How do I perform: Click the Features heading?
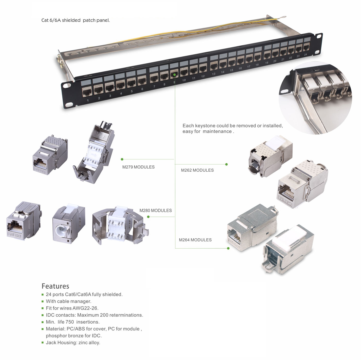55,286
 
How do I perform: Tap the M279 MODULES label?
138,167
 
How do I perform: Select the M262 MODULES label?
197,170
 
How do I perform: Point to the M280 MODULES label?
155,211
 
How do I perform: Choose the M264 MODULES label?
195,240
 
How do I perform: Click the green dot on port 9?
174,75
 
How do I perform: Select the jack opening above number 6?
142,81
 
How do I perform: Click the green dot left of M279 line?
122,159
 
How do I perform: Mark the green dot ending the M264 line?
228,248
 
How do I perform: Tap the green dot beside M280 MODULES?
148,217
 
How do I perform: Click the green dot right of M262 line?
226,164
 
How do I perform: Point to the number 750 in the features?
70,322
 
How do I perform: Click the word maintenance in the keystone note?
217,131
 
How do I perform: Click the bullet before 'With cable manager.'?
43,302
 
